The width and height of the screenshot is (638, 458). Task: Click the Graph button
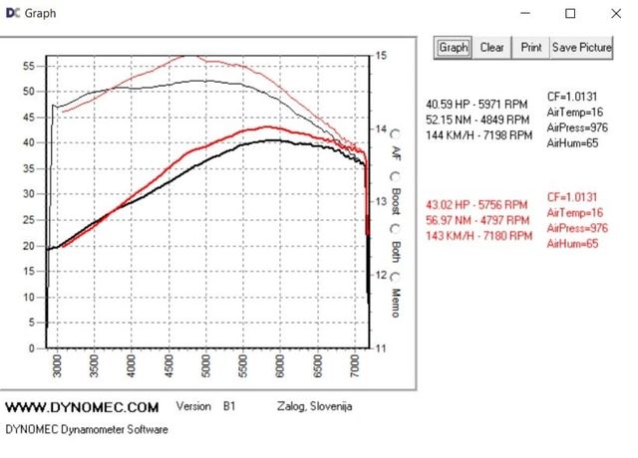tap(454, 47)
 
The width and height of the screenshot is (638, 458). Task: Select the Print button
tap(531, 47)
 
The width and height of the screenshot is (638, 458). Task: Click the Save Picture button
tap(582, 47)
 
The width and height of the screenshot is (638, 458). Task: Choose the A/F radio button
tap(397, 132)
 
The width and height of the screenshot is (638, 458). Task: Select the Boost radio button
tap(397, 178)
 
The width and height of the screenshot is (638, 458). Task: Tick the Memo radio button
tap(397, 276)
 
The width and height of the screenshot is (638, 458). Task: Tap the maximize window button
tap(570, 14)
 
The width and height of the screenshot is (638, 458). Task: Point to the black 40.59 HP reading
tap(478, 103)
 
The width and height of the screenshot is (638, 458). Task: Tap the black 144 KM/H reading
tap(478, 135)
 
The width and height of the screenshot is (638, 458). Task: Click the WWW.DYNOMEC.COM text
tap(82, 407)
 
